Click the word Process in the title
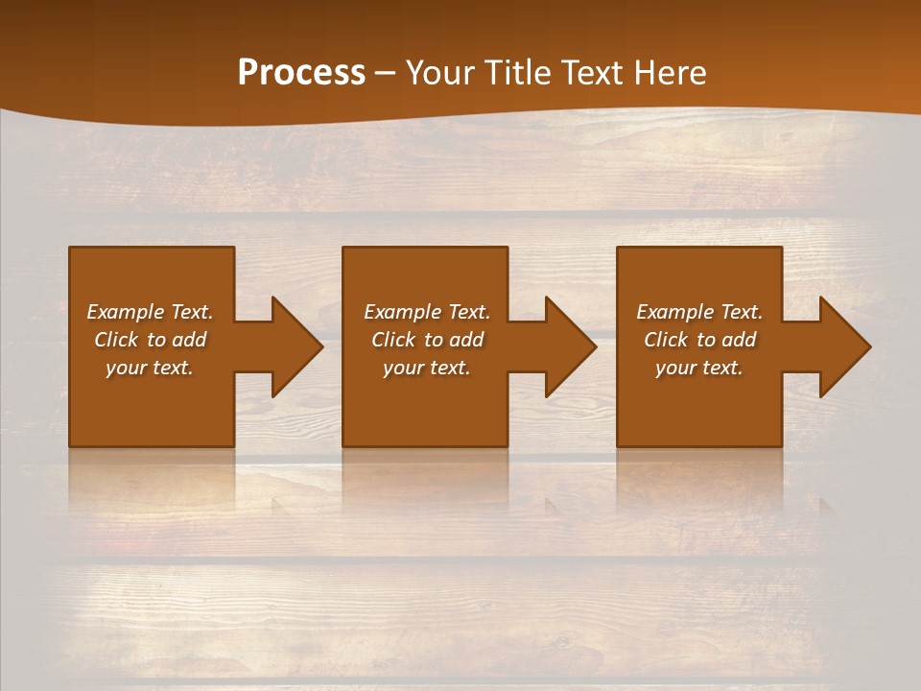[x=301, y=73]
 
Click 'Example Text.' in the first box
[x=150, y=312]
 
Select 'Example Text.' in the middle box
[x=427, y=312]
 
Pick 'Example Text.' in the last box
[x=699, y=312]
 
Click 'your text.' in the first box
[x=150, y=368]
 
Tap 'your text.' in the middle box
[x=427, y=368]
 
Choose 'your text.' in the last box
[x=699, y=368]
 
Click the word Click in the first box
[x=116, y=340]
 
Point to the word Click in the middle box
[x=393, y=340]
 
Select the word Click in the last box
[x=666, y=340]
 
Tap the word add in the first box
[x=188, y=340]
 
